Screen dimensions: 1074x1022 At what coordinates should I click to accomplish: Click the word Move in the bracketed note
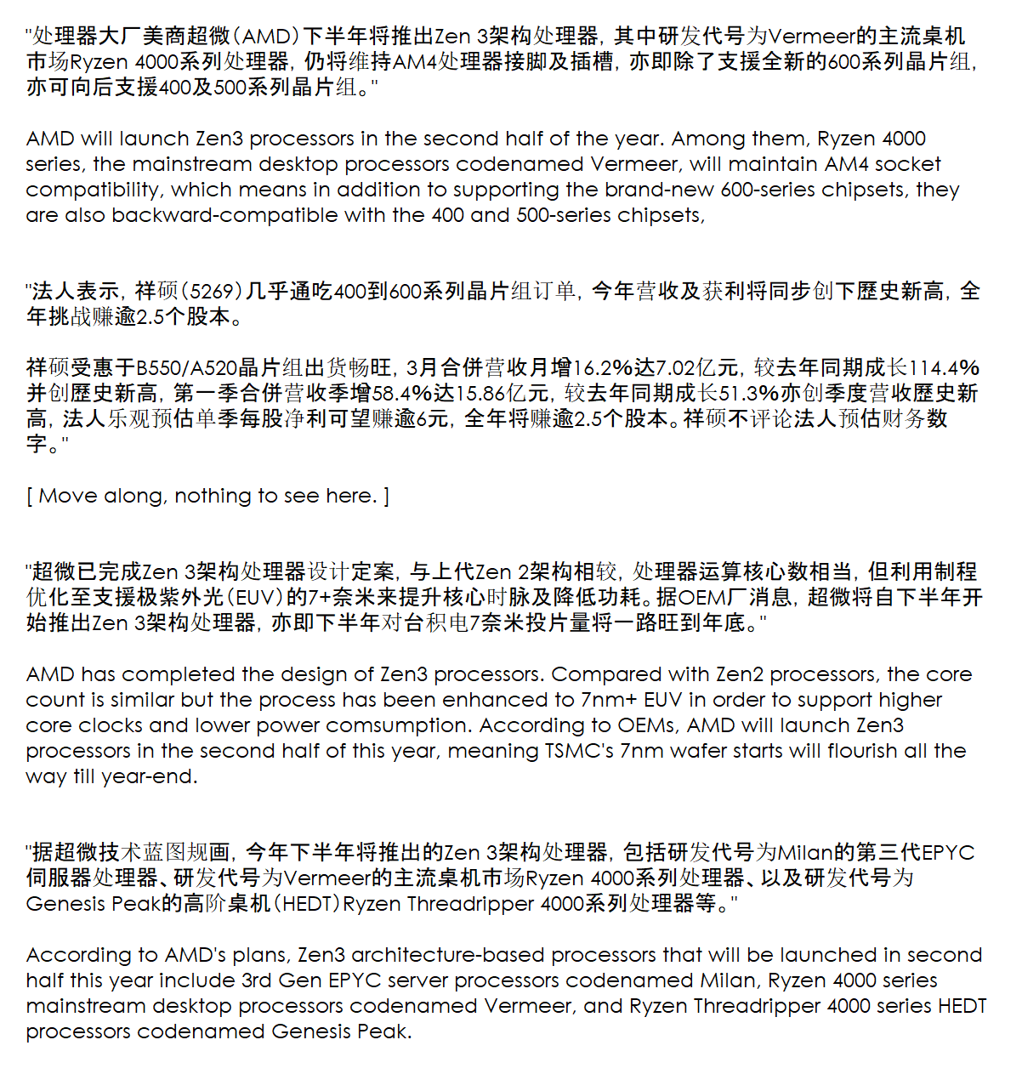tap(65, 496)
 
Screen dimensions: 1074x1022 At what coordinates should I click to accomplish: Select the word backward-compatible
tap(224, 215)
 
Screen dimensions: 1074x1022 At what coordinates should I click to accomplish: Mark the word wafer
tap(689, 751)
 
